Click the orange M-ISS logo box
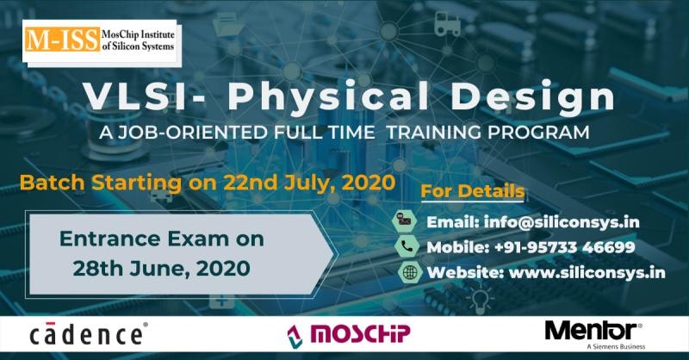click(x=62, y=40)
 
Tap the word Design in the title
click(x=533, y=98)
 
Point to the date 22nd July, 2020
click(x=309, y=183)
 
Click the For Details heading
click(x=472, y=191)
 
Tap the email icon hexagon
click(x=403, y=220)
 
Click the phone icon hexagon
click(x=407, y=246)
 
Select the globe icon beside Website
click(x=410, y=272)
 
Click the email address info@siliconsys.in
click(x=562, y=222)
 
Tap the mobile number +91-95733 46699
click(x=565, y=247)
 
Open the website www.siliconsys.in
click(x=587, y=272)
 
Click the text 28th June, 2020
click(x=162, y=269)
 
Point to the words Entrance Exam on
click(x=162, y=239)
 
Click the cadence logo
click(x=89, y=334)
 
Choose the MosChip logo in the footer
click(x=349, y=335)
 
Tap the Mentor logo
click(x=593, y=332)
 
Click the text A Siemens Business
click(x=616, y=347)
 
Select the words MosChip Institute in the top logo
click(x=138, y=34)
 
